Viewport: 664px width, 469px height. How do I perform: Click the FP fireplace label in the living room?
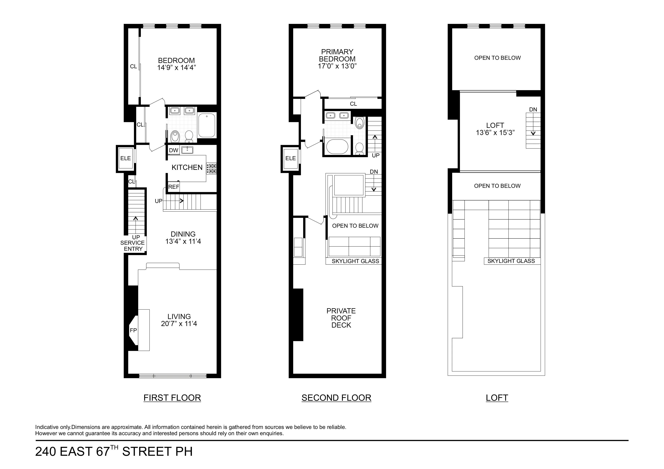point(133,330)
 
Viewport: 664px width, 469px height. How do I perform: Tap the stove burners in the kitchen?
point(211,168)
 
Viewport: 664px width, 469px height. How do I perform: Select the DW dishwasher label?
point(174,150)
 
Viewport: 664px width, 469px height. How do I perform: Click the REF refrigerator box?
point(174,187)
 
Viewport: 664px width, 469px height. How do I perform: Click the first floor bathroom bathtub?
point(207,125)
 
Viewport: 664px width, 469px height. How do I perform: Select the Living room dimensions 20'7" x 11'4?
point(179,324)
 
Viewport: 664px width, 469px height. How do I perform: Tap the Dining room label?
point(183,234)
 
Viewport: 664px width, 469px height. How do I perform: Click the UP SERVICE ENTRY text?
point(133,243)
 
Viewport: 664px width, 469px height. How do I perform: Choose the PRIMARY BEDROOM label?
point(337,55)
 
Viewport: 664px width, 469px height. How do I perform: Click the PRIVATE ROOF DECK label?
point(341,318)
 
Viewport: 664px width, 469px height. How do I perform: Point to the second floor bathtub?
point(337,147)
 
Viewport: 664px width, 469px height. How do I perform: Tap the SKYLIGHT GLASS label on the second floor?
point(355,261)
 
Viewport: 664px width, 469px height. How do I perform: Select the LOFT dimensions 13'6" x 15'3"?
point(495,133)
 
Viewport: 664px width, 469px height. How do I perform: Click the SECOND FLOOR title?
point(336,398)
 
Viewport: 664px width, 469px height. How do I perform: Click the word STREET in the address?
point(147,451)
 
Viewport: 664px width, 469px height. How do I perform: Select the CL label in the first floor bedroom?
point(133,66)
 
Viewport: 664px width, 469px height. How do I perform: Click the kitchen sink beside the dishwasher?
point(187,150)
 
